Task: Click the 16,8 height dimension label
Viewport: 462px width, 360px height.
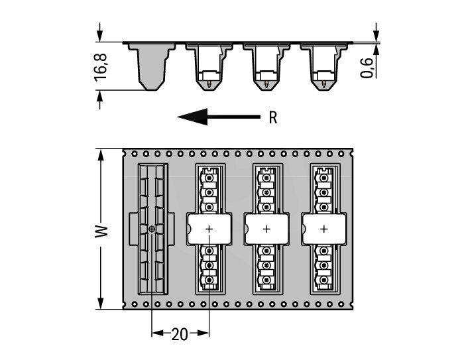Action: point(100,67)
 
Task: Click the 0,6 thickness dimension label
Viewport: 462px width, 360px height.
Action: point(367,68)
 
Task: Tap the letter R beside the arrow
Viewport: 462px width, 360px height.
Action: point(273,117)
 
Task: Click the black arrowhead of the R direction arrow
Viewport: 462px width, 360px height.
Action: point(193,117)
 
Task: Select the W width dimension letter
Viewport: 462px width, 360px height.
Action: point(101,231)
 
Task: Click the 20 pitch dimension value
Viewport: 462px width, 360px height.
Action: point(180,334)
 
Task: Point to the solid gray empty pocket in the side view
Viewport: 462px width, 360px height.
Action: point(152,66)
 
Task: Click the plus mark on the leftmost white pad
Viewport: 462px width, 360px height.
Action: point(209,229)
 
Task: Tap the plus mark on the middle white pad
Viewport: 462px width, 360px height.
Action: point(266,229)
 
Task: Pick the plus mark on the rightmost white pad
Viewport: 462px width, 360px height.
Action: point(324,229)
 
